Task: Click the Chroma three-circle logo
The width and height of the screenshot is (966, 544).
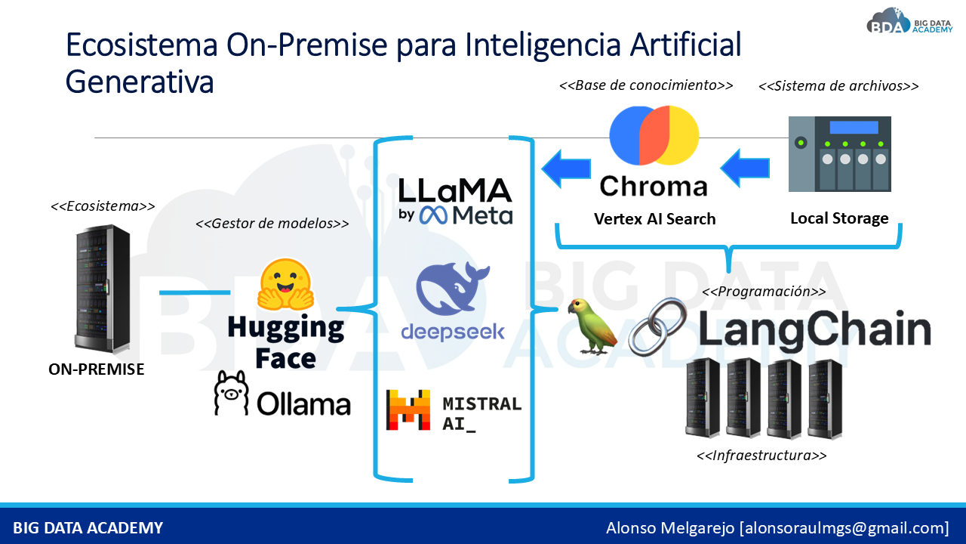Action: [x=654, y=136]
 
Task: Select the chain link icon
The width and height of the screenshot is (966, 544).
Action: [x=657, y=326]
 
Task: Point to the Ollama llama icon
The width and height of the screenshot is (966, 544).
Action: [x=231, y=393]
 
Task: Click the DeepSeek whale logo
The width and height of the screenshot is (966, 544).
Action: [x=453, y=291]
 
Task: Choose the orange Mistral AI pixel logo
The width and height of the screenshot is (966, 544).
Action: [x=408, y=410]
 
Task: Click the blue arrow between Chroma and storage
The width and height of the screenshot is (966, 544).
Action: [x=746, y=168]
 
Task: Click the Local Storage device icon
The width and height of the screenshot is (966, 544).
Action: [x=839, y=153]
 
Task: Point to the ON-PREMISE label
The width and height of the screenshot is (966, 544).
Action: [x=96, y=369]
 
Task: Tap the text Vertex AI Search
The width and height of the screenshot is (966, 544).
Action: [x=654, y=219]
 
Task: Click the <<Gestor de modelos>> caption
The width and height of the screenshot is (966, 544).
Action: [x=272, y=224]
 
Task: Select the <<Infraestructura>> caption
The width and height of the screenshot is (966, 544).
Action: [x=761, y=456]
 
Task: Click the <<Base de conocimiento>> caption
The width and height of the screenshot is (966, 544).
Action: [x=646, y=85]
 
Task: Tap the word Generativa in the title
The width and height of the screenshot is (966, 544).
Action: [x=140, y=82]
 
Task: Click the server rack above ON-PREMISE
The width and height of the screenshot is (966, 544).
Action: [x=97, y=291]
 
